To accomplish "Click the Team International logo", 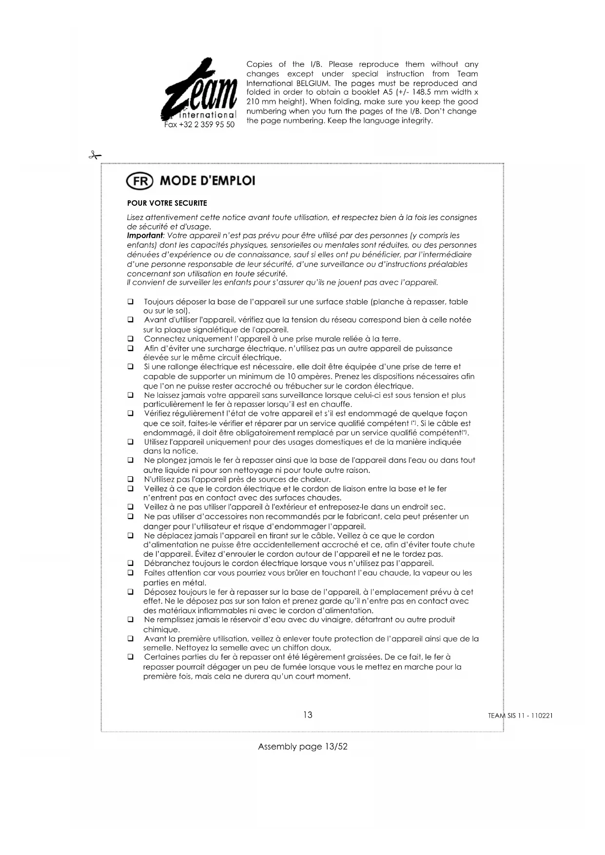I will click(199, 90).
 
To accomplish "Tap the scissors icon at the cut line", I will click(95, 155).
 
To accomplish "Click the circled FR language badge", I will click(140, 181).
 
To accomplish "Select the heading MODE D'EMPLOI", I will click(208, 181).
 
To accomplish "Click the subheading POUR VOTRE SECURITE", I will click(167, 203).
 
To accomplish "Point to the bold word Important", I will click(144, 236).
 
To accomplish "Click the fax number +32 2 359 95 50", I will click(199, 125).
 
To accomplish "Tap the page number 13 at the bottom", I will click(308, 715).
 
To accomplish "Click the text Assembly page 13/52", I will click(302, 746).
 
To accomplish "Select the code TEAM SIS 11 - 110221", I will click(520, 716).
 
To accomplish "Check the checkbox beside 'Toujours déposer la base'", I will click(131, 302).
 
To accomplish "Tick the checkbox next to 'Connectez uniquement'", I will click(131, 339).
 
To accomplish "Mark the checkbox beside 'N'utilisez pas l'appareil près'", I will click(131, 479).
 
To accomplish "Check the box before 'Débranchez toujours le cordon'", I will click(131, 564).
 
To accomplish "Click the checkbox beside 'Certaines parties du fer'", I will click(131, 658).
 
